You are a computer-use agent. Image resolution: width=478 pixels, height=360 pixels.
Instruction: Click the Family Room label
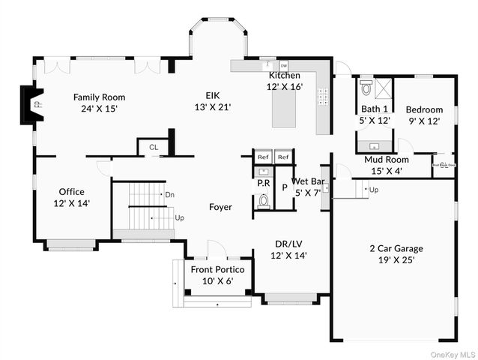coord(98,103)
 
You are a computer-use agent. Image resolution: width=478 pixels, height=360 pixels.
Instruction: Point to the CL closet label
coord(154,148)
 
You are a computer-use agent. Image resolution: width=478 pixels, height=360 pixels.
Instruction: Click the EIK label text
coord(213,100)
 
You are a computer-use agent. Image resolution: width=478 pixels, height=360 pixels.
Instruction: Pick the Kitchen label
coord(285,81)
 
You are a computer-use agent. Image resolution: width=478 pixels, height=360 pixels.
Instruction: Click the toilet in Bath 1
coord(366,88)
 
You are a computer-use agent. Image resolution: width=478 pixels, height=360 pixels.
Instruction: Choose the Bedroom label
coord(424,115)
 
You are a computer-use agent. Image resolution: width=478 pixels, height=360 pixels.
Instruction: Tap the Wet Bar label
coord(307,187)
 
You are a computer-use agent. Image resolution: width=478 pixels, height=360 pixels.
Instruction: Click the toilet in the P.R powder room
coord(263,200)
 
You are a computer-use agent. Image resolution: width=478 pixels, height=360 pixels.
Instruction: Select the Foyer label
coord(220,207)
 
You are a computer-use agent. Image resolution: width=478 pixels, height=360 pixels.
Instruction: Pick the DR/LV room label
coord(288,250)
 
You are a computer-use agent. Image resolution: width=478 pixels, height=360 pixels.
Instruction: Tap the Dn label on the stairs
coord(170,194)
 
